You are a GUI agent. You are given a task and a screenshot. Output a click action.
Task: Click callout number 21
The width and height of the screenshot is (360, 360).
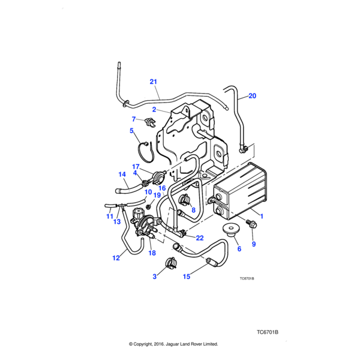pos(153,82)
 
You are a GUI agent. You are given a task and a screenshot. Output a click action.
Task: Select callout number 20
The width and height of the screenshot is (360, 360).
pos(252,95)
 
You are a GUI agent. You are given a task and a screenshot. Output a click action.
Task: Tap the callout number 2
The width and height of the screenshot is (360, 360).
pos(154,110)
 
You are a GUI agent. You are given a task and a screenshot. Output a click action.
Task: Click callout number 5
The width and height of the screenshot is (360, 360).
pos(131,130)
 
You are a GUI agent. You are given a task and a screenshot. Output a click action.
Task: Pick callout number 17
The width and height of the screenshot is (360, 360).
pos(136,166)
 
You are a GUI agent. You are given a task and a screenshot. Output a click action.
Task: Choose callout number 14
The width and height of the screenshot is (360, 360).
pos(122,175)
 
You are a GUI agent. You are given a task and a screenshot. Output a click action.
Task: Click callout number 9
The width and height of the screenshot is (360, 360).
pos(253,244)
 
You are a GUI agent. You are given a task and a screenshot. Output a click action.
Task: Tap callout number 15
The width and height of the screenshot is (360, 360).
pos(186,277)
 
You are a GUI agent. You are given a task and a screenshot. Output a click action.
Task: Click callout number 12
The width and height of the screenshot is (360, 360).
pos(116,258)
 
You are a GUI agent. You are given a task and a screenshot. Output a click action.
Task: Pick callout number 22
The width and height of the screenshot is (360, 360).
pos(200,239)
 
